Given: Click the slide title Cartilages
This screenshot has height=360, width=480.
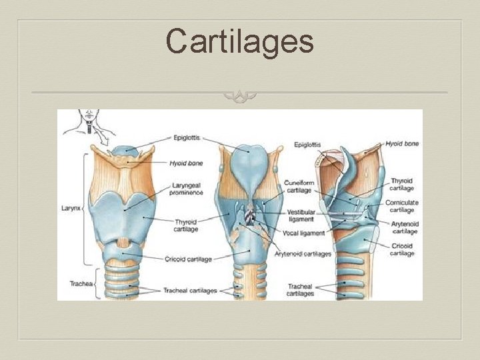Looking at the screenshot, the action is [x=240, y=41].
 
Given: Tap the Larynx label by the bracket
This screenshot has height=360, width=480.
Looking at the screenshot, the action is [x=70, y=208].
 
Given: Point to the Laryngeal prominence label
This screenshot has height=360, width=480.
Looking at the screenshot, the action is [x=187, y=189].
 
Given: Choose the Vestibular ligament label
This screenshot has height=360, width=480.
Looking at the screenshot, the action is [x=301, y=216].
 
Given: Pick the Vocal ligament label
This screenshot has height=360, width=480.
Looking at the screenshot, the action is [x=303, y=233].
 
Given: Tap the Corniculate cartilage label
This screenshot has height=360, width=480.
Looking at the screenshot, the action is [x=401, y=206].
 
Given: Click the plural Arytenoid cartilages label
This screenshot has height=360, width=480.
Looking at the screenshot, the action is [x=303, y=254].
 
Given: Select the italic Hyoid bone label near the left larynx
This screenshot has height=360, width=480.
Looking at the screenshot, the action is [x=186, y=163].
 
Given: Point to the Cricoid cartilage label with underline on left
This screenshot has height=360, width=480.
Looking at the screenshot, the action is [x=188, y=259].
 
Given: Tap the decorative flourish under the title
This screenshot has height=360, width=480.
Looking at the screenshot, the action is [x=240, y=97].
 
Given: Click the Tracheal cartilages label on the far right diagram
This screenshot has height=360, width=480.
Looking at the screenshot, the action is [x=300, y=290].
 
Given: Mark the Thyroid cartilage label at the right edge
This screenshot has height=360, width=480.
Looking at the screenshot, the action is [x=401, y=185].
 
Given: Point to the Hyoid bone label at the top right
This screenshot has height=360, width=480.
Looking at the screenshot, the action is [x=402, y=143].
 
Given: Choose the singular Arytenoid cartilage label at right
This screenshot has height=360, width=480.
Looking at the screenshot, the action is [x=404, y=227].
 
